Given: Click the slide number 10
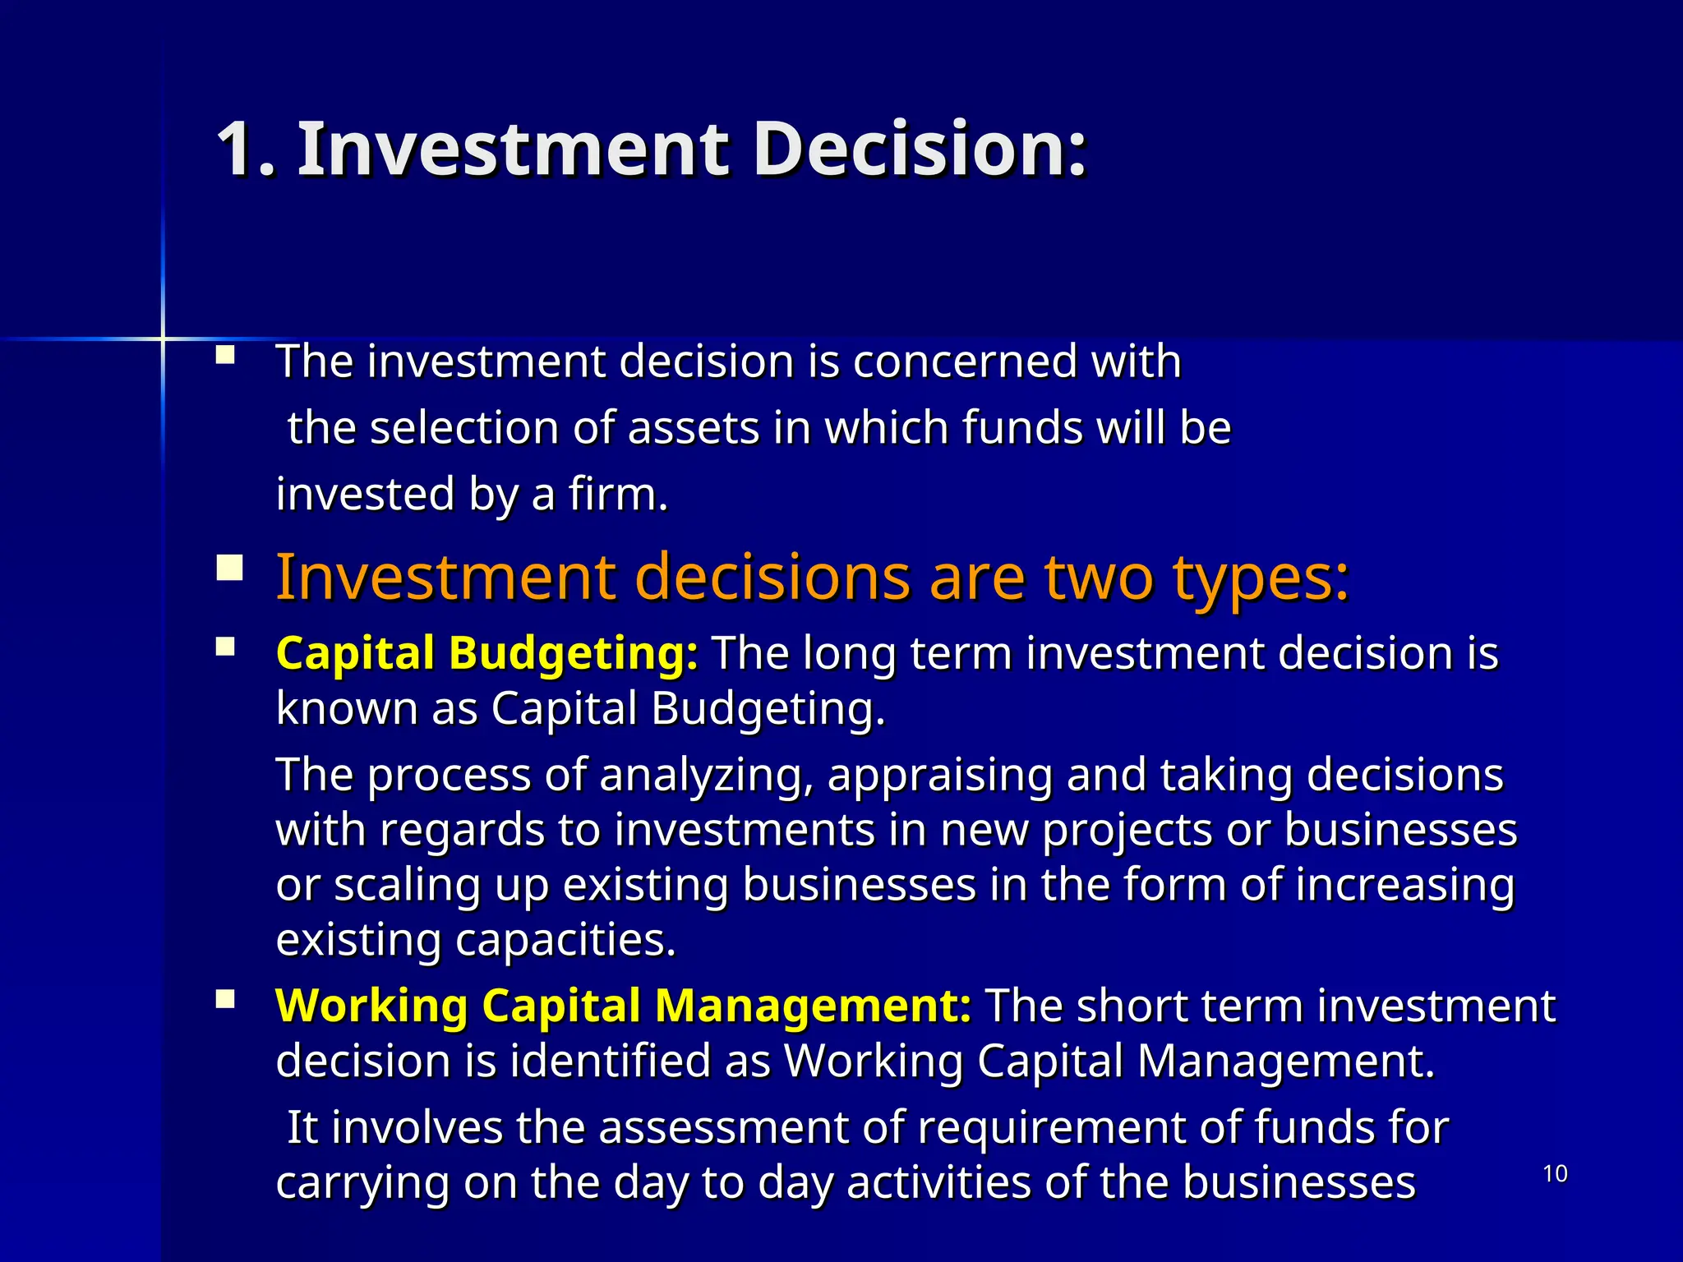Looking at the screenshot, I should (x=1555, y=1174).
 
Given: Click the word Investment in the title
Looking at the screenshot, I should (x=513, y=150).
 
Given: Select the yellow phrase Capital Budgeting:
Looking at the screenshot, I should (x=487, y=654).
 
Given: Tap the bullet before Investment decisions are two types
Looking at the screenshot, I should (x=229, y=569).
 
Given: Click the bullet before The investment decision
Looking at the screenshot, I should (x=225, y=356).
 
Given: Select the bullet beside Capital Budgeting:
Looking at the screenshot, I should (x=225, y=647).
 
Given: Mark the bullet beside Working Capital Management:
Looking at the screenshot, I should (x=225, y=999).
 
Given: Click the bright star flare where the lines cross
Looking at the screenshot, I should (x=163, y=338).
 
